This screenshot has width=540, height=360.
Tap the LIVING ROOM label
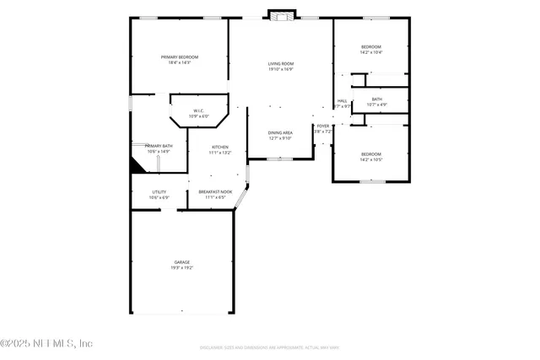(x=281, y=64)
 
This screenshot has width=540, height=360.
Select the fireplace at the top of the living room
(x=281, y=14)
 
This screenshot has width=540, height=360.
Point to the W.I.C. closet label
(x=198, y=110)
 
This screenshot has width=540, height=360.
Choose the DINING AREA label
(x=280, y=132)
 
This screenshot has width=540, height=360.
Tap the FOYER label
(x=323, y=126)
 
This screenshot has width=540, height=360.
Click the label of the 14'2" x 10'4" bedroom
(x=371, y=46)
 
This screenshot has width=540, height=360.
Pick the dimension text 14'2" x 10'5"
(x=371, y=159)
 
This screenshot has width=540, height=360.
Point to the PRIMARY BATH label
(x=159, y=146)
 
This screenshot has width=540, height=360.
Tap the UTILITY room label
(x=159, y=191)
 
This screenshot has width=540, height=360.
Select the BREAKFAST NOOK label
(x=216, y=191)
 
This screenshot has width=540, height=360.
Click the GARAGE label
(x=181, y=262)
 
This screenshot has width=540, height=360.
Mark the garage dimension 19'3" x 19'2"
(x=181, y=267)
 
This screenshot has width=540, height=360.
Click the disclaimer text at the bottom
(x=281, y=347)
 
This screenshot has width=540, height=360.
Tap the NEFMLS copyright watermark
(x=46, y=343)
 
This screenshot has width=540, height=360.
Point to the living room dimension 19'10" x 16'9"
(x=281, y=69)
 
